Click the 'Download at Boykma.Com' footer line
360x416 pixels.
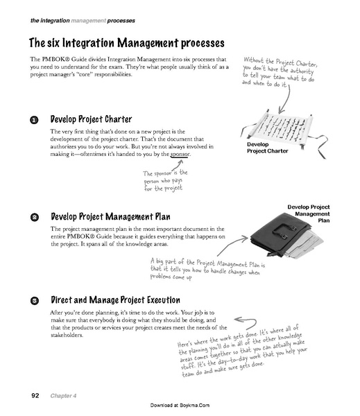point(180,405)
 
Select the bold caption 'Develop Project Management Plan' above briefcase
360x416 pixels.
point(309,214)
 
